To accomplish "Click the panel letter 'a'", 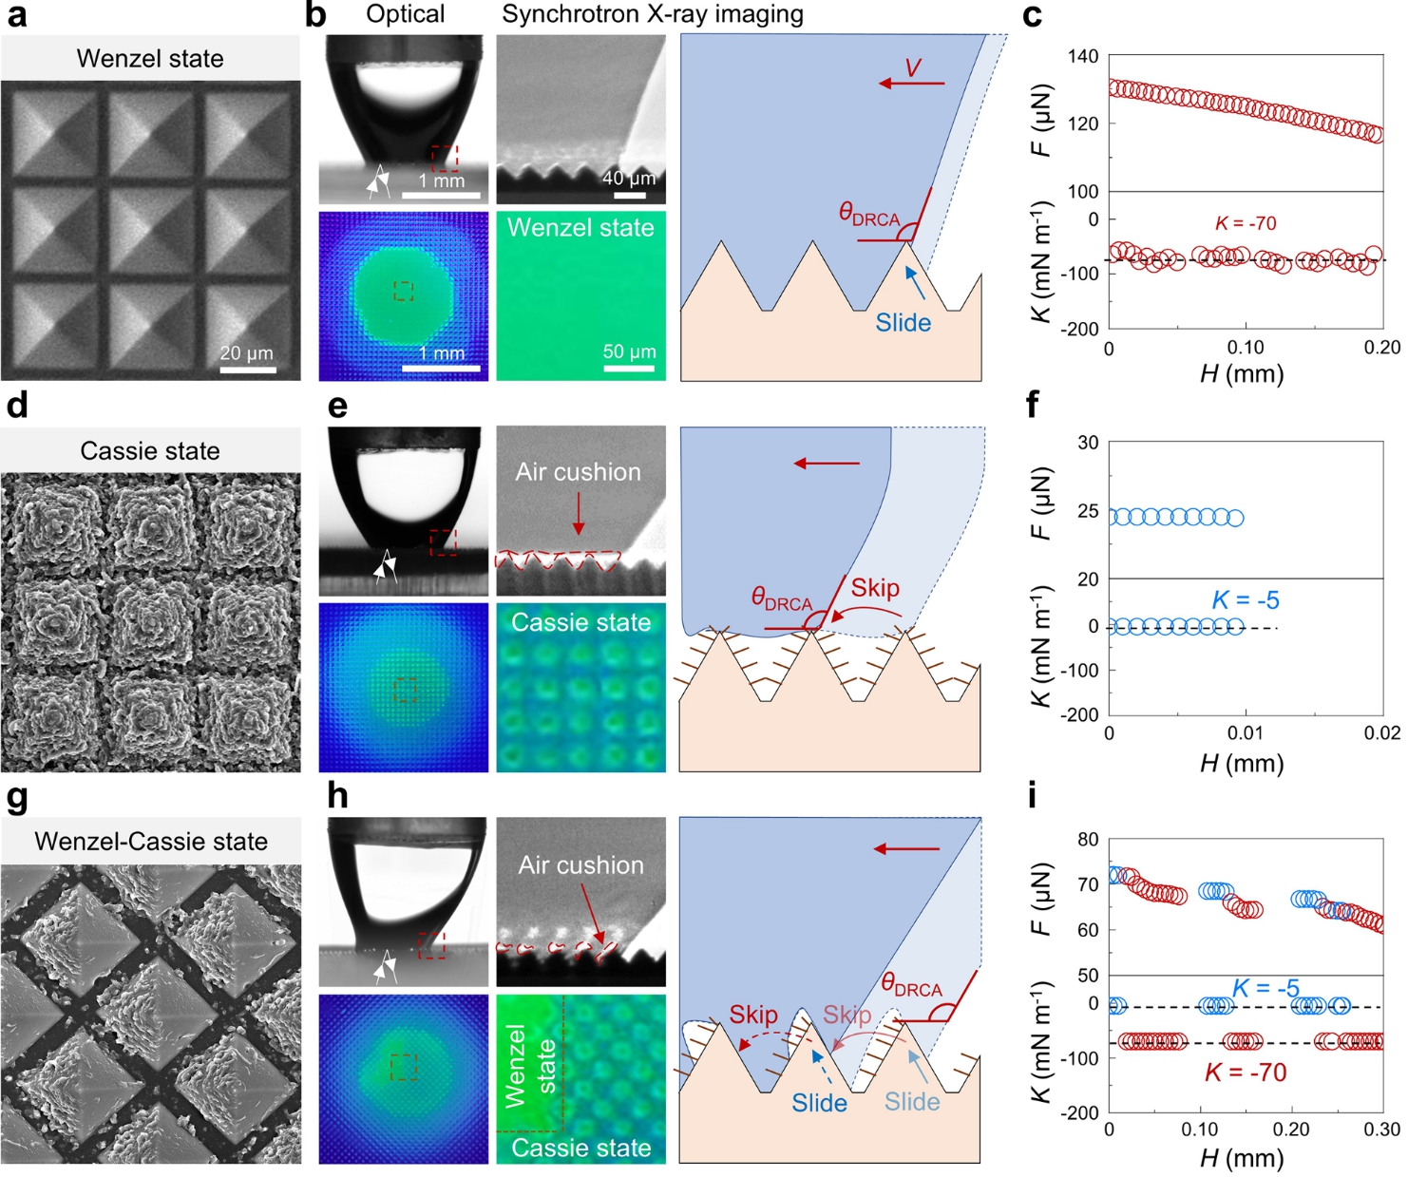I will (16, 16).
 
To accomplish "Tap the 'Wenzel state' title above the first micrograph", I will (150, 59).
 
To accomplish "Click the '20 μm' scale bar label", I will (247, 353).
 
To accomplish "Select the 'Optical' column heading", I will (405, 14).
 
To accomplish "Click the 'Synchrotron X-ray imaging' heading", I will (653, 14).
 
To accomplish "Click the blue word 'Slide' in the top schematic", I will (903, 323).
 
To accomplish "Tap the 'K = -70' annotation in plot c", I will (1246, 223).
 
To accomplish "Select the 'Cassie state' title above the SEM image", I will (150, 451).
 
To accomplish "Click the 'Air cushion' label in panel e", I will (578, 472).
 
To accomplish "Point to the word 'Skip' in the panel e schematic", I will (874, 588).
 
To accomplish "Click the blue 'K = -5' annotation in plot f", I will (1246, 600).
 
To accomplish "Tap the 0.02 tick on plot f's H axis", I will (1381, 732).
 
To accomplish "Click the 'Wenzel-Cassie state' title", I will (151, 842).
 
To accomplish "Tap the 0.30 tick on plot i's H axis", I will (1381, 1130).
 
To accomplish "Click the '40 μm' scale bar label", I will (629, 178).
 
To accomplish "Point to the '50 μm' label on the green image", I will (629, 351).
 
